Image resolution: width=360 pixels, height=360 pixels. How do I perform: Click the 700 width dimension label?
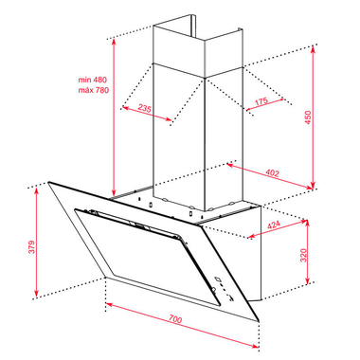click(175, 319)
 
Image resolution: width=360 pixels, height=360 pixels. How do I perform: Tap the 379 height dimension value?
click(32, 247)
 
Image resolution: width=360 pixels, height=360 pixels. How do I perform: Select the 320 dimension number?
click(303, 255)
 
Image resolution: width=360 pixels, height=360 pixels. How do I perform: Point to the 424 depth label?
click(274, 225)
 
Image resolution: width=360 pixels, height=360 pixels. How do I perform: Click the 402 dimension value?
click(272, 173)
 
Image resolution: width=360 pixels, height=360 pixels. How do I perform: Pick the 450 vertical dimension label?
click(308, 117)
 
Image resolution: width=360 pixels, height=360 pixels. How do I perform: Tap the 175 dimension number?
click(261, 101)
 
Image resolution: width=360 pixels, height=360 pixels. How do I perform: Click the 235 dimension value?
click(145, 108)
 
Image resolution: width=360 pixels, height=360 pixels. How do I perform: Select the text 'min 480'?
click(93, 80)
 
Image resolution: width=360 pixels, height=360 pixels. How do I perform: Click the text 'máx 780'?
click(94, 90)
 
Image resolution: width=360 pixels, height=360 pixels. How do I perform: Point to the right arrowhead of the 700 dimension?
click(256, 346)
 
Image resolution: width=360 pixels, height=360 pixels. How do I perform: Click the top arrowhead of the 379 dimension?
click(37, 190)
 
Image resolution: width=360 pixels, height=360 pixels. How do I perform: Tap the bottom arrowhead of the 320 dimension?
click(307, 280)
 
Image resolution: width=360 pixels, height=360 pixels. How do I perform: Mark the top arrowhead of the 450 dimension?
click(313, 49)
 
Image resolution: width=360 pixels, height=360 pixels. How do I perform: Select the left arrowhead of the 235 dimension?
click(125, 108)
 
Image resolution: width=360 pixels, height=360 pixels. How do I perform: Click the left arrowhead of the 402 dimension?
click(230, 165)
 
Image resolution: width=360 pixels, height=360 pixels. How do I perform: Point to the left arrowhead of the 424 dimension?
click(251, 236)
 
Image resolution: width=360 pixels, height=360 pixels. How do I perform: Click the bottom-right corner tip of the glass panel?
click(259, 321)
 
